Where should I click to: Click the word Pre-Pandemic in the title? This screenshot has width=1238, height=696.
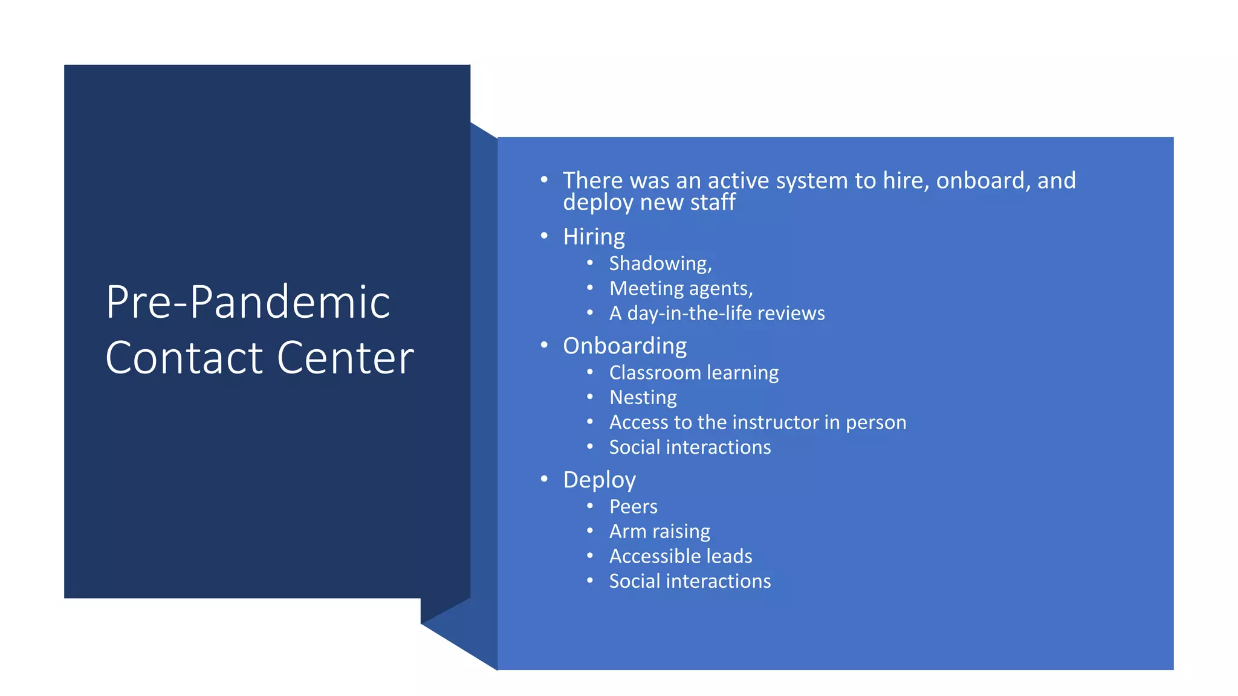click(248, 302)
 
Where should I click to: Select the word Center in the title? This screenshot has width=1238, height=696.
click(345, 358)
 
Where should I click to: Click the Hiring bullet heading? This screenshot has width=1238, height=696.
click(594, 237)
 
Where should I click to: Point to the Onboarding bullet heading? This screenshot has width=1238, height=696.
click(624, 346)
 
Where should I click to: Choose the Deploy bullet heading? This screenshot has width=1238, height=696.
click(599, 480)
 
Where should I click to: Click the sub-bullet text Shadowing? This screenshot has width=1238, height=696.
click(660, 263)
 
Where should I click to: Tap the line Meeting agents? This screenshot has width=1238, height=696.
click(681, 289)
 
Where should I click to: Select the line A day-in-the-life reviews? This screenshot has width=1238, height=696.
click(716, 314)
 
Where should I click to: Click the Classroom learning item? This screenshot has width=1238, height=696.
click(693, 373)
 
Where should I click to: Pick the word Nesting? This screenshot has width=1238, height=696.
click(643, 398)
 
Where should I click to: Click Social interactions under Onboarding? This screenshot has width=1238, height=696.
click(690, 447)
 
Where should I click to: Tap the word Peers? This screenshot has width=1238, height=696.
click(633, 507)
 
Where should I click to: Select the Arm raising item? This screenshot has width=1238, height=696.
click(660, 532)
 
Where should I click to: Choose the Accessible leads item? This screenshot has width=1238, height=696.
click(681, 556)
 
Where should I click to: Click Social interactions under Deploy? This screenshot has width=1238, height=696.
click(690, 581)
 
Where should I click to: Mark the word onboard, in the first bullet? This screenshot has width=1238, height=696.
click(983, 181)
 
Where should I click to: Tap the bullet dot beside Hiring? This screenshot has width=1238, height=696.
click(544, 236)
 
